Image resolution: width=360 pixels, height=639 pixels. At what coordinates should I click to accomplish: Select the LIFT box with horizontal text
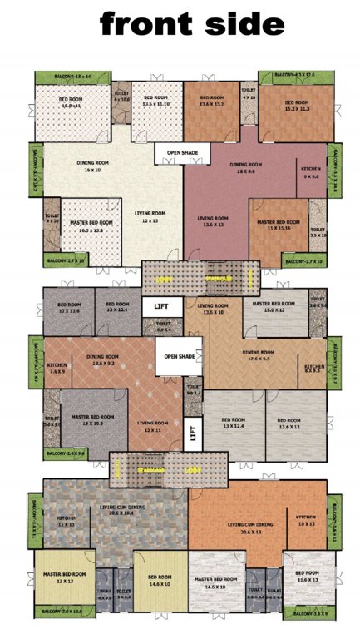157,307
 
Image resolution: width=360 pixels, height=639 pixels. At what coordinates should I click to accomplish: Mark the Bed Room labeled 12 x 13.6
68,310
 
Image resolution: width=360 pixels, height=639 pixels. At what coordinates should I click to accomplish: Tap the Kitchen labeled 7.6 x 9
57,368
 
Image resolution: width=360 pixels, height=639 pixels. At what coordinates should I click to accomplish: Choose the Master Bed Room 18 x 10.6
91,420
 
